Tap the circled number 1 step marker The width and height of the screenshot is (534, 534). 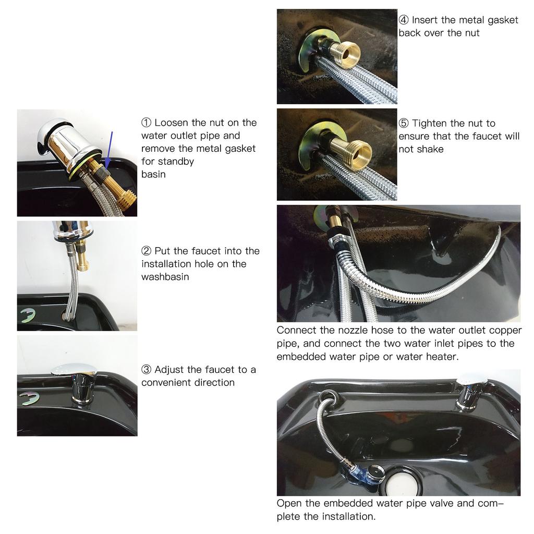coord(146,123)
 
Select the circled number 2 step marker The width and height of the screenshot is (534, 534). coord(146,251)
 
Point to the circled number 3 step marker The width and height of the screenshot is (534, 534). coord(146,370)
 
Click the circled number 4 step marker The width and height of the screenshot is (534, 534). coord(404,20)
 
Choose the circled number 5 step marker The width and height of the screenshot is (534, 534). coord(404,124)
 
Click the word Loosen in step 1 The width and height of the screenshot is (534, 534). coord(172,123)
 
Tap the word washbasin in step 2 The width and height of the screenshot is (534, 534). coord(165,277)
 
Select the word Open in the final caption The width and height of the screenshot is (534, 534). coord(287,504)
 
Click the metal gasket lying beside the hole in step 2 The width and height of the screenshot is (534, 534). coord(27,315)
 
